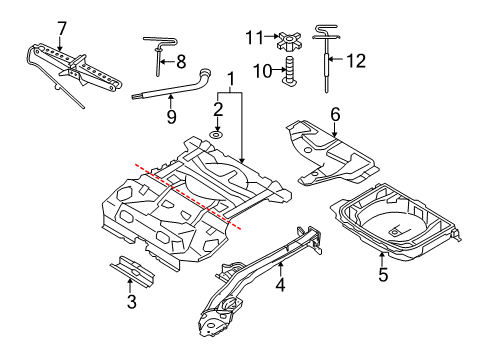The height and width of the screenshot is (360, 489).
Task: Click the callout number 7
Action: pyautogui.click(x=63, y=27)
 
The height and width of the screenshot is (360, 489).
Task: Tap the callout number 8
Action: pyautogui.click(x=180, y=60)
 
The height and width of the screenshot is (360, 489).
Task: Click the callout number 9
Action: pyautogui.click(x=172, y=116)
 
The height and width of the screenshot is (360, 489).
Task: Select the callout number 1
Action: pyautogui.click(x=231, y=77)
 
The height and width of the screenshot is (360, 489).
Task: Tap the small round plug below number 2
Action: pyautogui.click(x=216, y=133)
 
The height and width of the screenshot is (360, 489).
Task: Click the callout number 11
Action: pyautogui.click(x=253, y=36)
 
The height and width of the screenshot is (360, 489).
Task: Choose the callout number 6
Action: pyautogui.click(x=335, y=115)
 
